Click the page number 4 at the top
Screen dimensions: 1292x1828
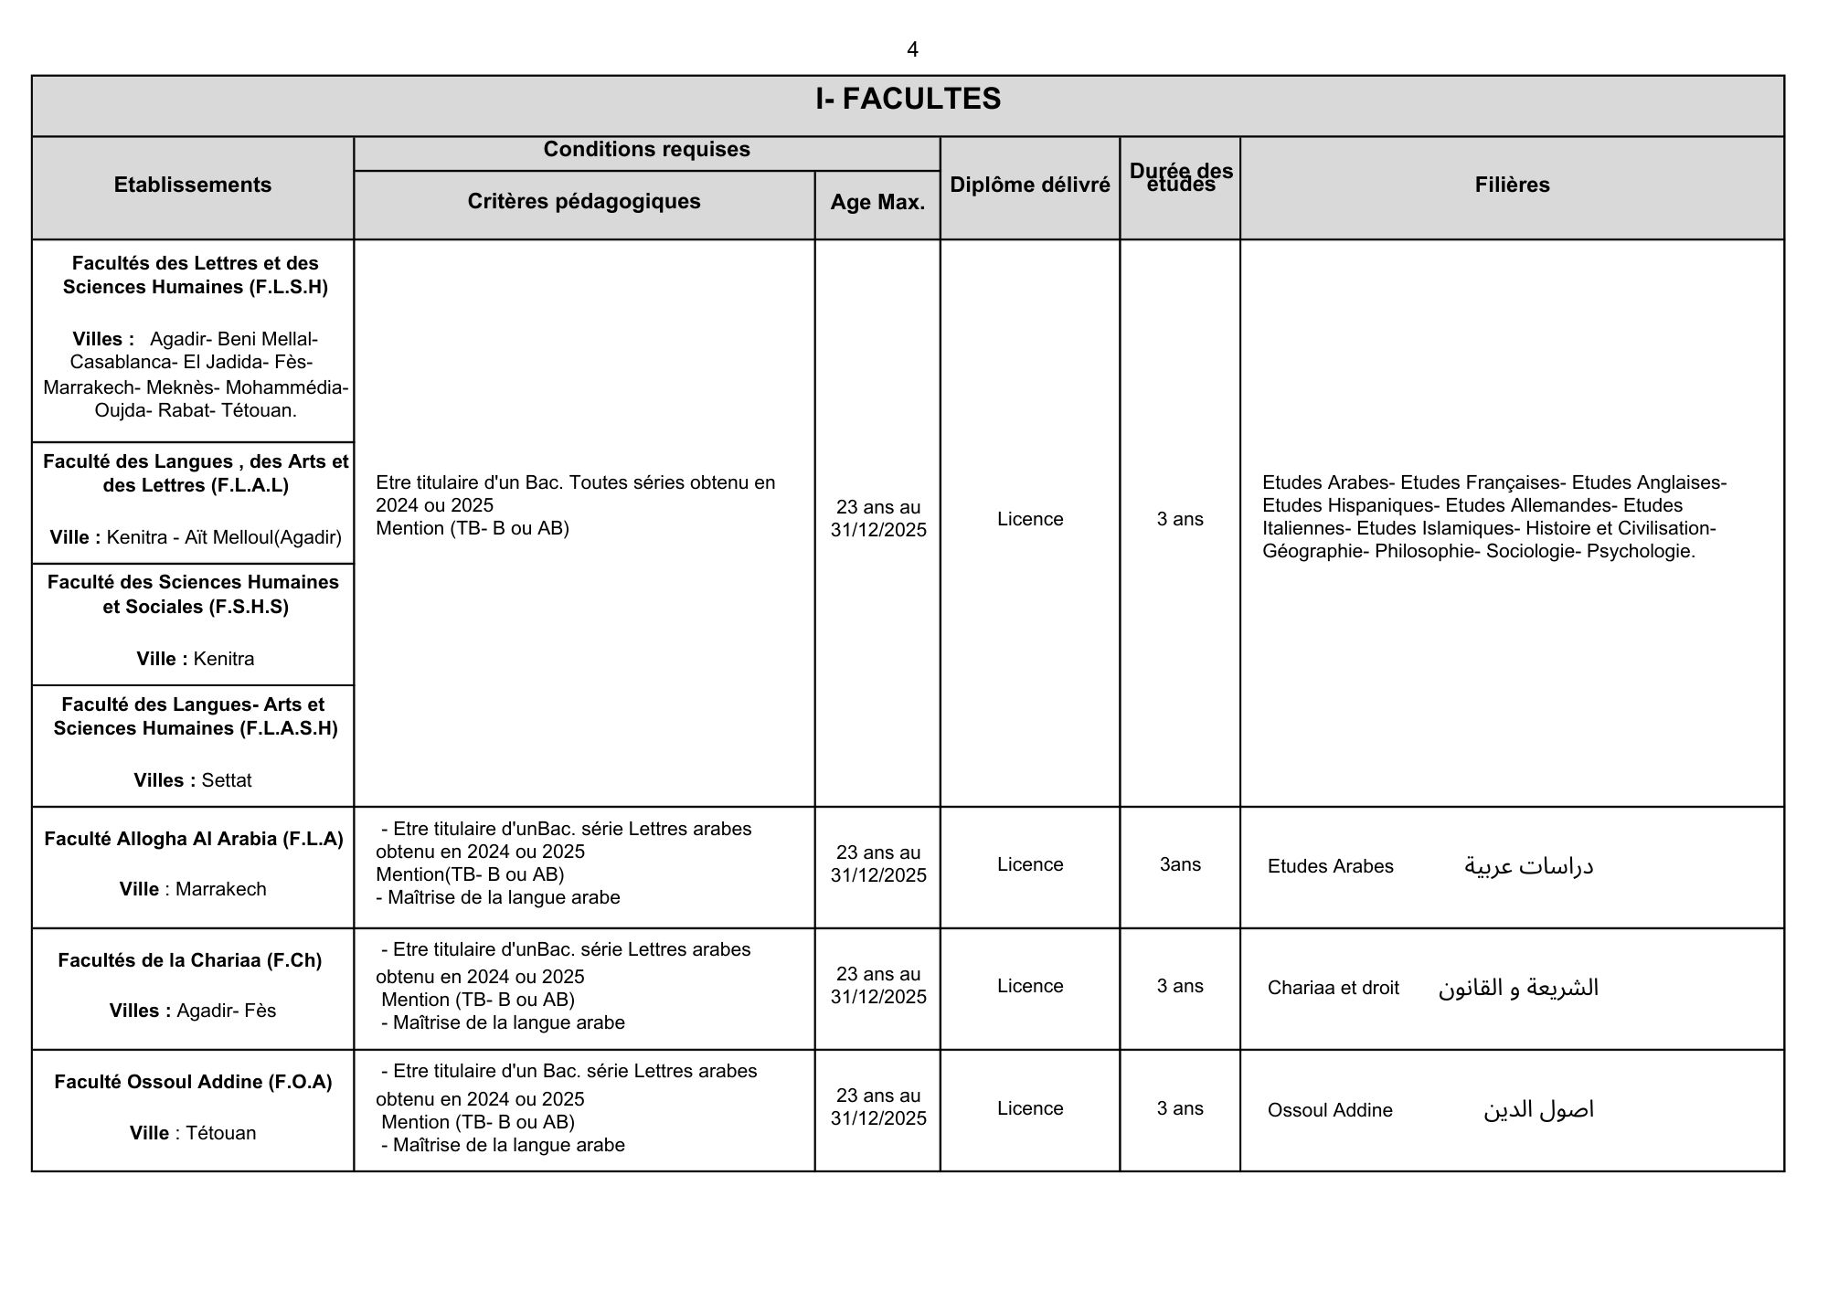pos(912,49)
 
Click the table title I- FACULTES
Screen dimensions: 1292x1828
pos(908,99)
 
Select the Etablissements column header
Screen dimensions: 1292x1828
pos(193,185)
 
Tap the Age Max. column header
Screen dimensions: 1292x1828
pos(877,203)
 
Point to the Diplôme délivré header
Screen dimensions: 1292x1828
pos(1030,185)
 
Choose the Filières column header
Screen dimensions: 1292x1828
pos(1512,185)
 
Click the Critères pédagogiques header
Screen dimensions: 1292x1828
pos(584,202)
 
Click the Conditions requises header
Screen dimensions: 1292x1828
pos(646,150)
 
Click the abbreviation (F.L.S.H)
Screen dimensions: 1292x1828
pos(288,287)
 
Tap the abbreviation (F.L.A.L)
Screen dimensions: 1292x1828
pos(250,485)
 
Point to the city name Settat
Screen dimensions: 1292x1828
pos(227,780)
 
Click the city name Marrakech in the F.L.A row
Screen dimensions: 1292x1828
pos(221,889)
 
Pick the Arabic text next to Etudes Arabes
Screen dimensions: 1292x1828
pos(1528,866)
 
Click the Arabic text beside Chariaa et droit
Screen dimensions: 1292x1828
pos(1518,988)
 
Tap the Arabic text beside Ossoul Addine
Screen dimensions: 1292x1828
pos(1538,1110)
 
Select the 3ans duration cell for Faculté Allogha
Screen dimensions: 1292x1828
pos(1180,864)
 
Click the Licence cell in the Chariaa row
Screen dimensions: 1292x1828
pos(1030,986)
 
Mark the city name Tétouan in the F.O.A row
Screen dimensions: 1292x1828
pos(221,1133)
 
